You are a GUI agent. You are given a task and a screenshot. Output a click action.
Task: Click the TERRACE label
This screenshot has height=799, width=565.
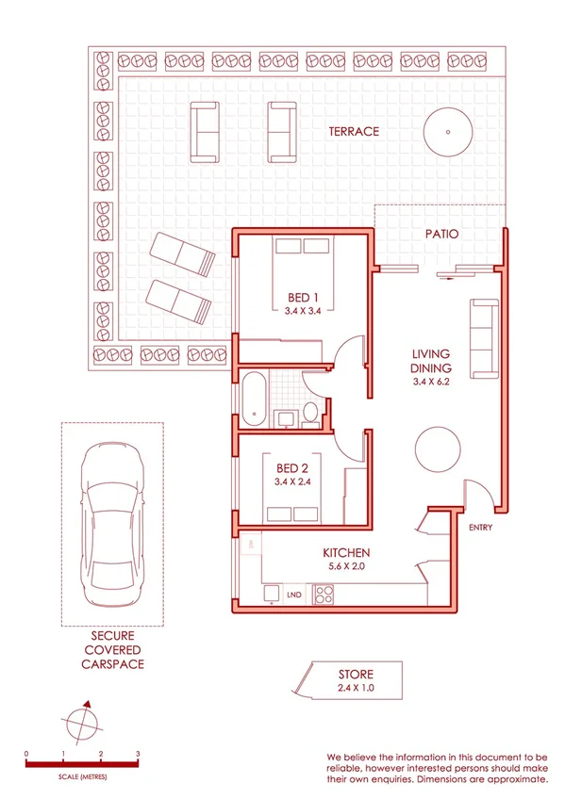(354, 132)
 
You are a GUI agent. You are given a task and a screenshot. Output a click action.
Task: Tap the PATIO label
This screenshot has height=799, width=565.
(440, 234)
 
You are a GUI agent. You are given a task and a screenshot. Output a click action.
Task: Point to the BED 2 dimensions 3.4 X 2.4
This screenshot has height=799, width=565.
(291, 481)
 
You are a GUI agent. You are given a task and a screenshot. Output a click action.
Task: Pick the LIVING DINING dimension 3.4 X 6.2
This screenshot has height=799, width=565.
(431, 383)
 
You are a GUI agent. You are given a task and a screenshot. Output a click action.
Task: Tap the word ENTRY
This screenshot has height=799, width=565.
(480, 528)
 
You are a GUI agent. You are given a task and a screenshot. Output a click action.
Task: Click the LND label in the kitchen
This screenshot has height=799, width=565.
(293, 595)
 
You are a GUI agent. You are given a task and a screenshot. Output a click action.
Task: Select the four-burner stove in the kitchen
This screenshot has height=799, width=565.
(324, 595)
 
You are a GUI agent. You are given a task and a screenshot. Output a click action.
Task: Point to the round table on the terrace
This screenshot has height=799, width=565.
(448, 131)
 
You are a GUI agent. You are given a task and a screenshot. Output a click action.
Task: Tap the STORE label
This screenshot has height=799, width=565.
(356, 675)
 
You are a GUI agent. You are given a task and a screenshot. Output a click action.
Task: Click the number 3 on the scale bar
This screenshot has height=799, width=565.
(138, 754)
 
